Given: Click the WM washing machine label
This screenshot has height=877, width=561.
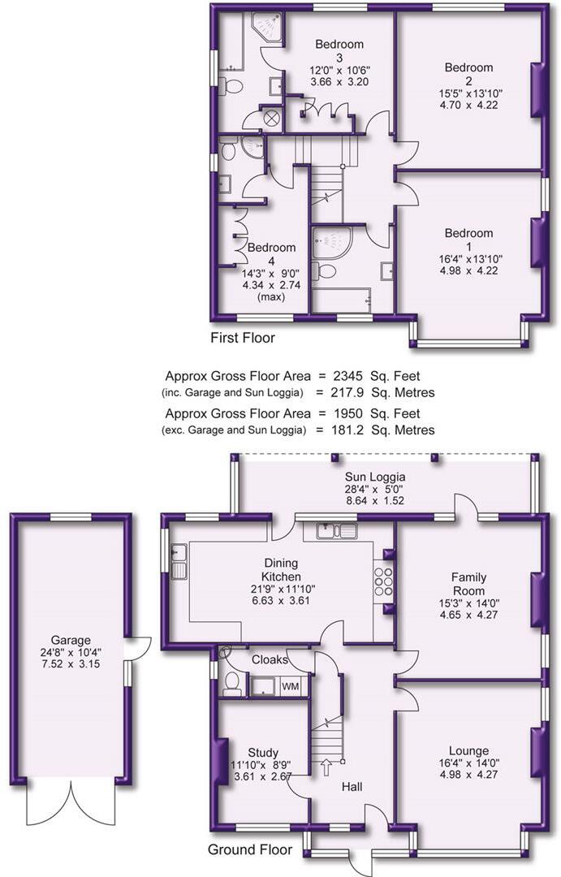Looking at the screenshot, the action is click(x=290, y=686).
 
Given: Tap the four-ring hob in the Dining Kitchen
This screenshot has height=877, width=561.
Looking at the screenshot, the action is click(x=384, y=581).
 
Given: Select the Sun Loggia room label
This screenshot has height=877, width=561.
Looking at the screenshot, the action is click(x=375, y=477).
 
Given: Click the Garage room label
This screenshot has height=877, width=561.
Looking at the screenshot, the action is click(x=71, y=641).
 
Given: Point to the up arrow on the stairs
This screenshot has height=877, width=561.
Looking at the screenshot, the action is click(x=326, y=767).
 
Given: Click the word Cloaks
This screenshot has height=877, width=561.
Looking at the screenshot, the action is click(x=270, y=660).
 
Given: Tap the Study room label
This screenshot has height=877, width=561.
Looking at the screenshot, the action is click(x=263, y=753).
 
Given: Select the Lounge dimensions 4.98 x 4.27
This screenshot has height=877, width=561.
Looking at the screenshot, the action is click(x=468, y=775).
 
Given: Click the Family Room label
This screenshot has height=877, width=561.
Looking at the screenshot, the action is click(x=468, y=584).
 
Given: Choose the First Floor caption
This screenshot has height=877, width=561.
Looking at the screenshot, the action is click(x=243, y=338).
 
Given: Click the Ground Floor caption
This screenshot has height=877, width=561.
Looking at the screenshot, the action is click(x=250, y=850).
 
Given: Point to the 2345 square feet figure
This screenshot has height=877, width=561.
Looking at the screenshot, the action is click(x=348, y=377).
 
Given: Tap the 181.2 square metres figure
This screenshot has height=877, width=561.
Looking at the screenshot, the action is click(x=348, y=430).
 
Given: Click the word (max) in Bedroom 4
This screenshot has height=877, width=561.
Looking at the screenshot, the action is click(x=270, y=297).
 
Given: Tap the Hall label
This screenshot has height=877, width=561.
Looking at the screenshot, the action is click(x=352, y=787).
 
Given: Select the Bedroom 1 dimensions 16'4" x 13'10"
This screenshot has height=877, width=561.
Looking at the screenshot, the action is click(x=470, y=259).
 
